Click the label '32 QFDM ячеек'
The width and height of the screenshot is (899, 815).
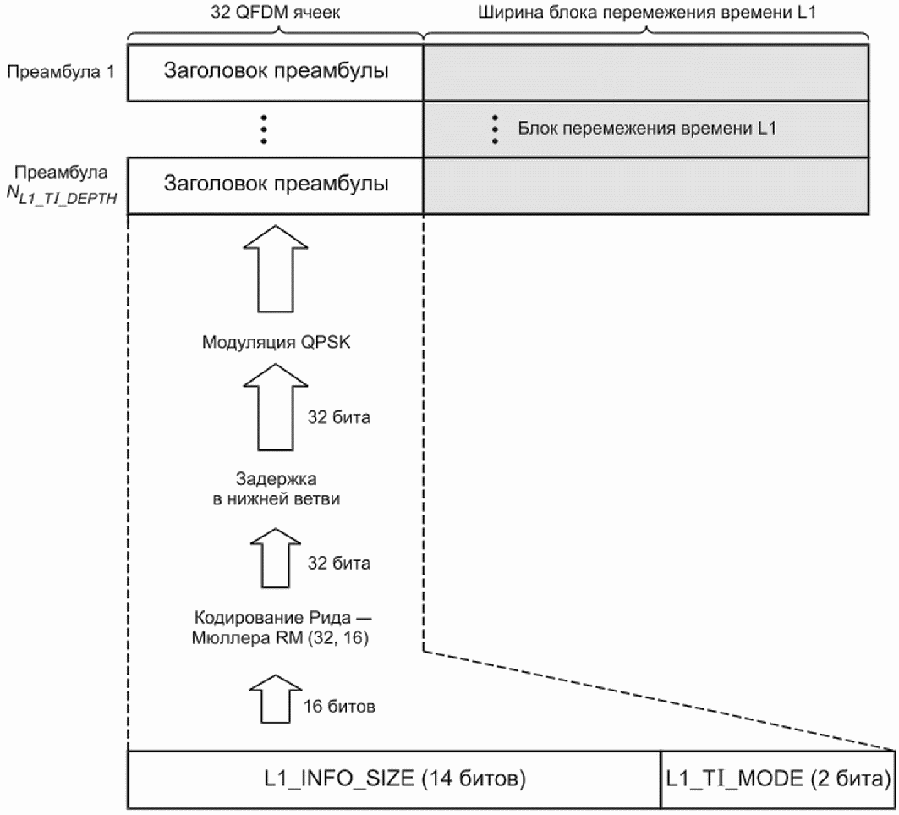[275, 12]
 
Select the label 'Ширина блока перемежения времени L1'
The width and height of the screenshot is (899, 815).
[647, 12]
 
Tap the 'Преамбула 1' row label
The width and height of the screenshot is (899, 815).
[61, 72]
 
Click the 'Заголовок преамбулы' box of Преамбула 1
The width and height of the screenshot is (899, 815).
[275, 73]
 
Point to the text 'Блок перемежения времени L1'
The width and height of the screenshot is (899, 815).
[647, 128]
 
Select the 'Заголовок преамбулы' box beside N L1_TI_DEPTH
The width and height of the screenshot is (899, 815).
[275, 186]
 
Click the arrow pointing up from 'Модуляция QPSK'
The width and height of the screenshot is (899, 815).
[276, 268]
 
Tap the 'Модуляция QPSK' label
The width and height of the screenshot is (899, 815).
[276, 342]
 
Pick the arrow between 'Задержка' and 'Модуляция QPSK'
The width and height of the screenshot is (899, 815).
[276, 407]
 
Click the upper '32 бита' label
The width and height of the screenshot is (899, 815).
[339, 417]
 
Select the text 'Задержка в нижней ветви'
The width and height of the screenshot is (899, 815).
[276, 488]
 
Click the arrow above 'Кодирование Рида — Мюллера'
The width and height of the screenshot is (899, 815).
[276, 558]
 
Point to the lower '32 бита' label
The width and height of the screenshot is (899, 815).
[339, 563]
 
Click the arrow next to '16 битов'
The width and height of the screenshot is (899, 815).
[276, 698]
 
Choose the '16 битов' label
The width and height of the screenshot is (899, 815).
[339, 706]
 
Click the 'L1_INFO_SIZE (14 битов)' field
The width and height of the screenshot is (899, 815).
[394, 779]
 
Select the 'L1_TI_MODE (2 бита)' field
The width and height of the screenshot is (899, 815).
[778, 779]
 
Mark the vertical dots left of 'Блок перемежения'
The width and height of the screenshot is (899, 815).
[495, 129]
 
